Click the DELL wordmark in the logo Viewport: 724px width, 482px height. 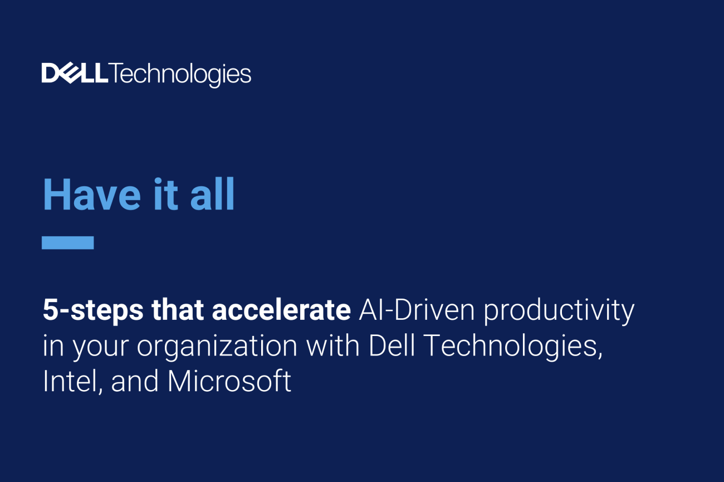[75, 73]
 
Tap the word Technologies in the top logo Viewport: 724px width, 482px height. [180, 75]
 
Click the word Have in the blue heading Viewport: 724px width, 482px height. [92, 194]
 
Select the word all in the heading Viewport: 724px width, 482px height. [212, 194]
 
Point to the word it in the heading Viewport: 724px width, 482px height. [166, 194]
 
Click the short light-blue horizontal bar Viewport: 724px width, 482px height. [68, 242]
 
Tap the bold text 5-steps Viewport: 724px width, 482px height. [93, 311]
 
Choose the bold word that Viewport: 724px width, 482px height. [178, 310]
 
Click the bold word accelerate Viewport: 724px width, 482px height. [281, 310]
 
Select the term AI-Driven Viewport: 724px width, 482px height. [417, 310]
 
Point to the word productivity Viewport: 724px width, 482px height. [559, 311]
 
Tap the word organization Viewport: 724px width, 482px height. [217, 347]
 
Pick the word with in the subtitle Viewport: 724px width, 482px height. [332, 345]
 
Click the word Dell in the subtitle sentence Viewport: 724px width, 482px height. [392, 345]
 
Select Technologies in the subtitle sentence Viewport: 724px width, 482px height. [512, 347]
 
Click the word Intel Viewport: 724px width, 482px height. [73, 381]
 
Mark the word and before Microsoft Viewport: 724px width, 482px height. [135, 381]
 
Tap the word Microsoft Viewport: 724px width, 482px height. [229, 381]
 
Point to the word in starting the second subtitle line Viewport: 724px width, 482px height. [53, 345]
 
